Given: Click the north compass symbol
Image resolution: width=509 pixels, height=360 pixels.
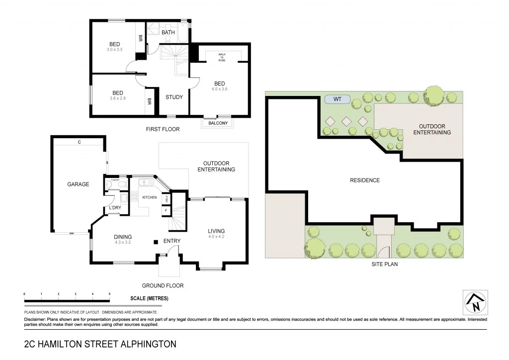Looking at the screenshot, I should [475, 302].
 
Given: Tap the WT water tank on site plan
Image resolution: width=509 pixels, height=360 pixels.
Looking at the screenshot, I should [338, 99].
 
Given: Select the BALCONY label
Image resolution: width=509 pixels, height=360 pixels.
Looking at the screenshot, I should [218, 123].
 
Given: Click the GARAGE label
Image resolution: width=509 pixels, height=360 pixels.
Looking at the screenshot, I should [78, 184].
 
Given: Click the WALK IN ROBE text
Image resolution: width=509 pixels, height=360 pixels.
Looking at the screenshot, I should [222, 56].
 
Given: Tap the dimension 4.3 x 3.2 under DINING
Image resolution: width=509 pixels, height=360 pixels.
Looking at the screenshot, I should [122, 243].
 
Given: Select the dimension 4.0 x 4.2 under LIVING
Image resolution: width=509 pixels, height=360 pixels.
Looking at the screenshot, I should [216, 237].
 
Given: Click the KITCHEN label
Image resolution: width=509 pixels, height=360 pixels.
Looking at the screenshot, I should [150, 197].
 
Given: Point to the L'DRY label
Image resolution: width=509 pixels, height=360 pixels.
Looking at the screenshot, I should [115, 208].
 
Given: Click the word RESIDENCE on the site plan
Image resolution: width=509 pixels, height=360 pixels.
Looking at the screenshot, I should [365, 180].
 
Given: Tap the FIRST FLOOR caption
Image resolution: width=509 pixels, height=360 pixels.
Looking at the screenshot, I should [163, 129].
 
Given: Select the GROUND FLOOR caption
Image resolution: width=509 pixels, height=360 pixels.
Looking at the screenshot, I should [163, 285].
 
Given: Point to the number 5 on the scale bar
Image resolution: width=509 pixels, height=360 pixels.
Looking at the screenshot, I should [109, 294].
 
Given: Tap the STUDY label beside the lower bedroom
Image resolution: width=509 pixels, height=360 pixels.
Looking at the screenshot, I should [174, 97].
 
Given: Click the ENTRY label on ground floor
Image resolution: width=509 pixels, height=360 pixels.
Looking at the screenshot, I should [172, 241].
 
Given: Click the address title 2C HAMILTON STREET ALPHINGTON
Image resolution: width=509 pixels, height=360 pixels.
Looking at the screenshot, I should [100, 344].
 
